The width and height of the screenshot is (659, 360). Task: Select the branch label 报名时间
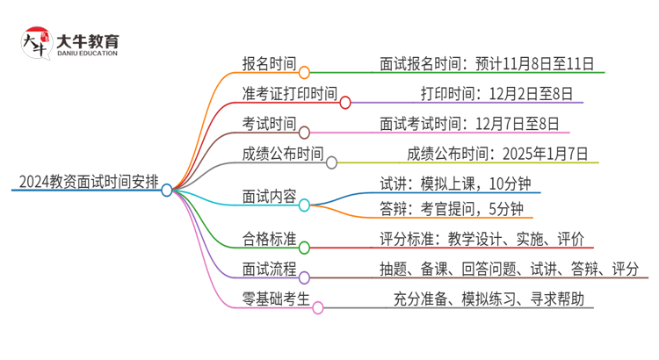[269, 63]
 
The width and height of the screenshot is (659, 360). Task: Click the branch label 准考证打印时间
[289, 93]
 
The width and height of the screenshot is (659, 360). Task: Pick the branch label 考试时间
[269, 123]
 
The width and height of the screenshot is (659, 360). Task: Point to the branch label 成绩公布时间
[282, 154]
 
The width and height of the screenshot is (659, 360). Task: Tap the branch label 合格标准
[269, 238]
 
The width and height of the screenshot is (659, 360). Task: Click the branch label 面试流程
[269, 268]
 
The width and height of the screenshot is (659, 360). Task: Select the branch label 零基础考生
[276, 299]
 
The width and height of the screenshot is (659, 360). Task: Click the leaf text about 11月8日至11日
[487, 63]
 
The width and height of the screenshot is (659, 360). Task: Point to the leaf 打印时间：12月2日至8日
[496, 93]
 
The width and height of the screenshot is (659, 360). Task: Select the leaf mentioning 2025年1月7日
[498, 154]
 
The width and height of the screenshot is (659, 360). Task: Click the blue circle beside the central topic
[167, 190]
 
